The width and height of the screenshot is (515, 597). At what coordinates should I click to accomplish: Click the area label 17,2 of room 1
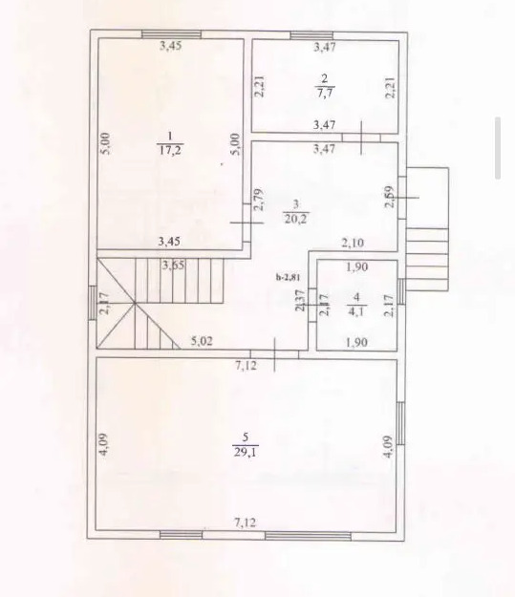[x=170, y=149]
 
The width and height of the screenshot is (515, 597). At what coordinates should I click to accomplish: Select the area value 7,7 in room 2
[x=324, y=92]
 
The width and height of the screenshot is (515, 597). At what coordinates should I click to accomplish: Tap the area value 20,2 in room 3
[x=296, y=219]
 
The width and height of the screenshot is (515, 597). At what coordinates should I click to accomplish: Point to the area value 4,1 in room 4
[x=356, y=311]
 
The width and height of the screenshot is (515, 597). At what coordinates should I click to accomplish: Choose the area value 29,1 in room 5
[x=246, y=452]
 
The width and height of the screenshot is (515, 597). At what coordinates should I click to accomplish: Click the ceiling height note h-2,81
[x=288, y=277]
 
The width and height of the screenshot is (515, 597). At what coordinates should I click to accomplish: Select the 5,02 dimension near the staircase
[x=202, y=341]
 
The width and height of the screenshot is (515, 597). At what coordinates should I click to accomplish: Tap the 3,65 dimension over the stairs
[x=173, y=265]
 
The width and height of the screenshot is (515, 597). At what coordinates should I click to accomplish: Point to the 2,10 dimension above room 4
[x=353, y=243]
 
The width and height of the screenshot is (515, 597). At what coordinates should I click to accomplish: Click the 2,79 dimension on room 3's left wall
[x=259, y=200]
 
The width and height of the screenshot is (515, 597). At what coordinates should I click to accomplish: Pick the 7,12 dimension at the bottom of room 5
[x=246, y=522]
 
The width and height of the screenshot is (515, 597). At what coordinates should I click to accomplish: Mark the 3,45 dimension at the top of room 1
[x=170, y=46]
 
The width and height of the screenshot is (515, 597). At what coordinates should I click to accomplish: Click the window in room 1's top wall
[x=171, y=34]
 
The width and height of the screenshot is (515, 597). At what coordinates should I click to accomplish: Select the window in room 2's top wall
[x=311, y=35]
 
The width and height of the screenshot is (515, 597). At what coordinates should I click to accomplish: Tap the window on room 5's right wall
[x=400, y=423]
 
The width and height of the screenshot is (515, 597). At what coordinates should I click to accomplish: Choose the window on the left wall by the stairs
[x=93, y=302]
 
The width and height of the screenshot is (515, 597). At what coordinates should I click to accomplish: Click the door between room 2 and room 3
[x=361, y=138]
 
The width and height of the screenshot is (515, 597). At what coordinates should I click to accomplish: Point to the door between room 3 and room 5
[x=274, y=354]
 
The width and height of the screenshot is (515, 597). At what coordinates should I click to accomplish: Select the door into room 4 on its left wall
[x=312, y=306]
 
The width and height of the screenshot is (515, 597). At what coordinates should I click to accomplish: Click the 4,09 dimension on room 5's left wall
[x=105, y=445]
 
